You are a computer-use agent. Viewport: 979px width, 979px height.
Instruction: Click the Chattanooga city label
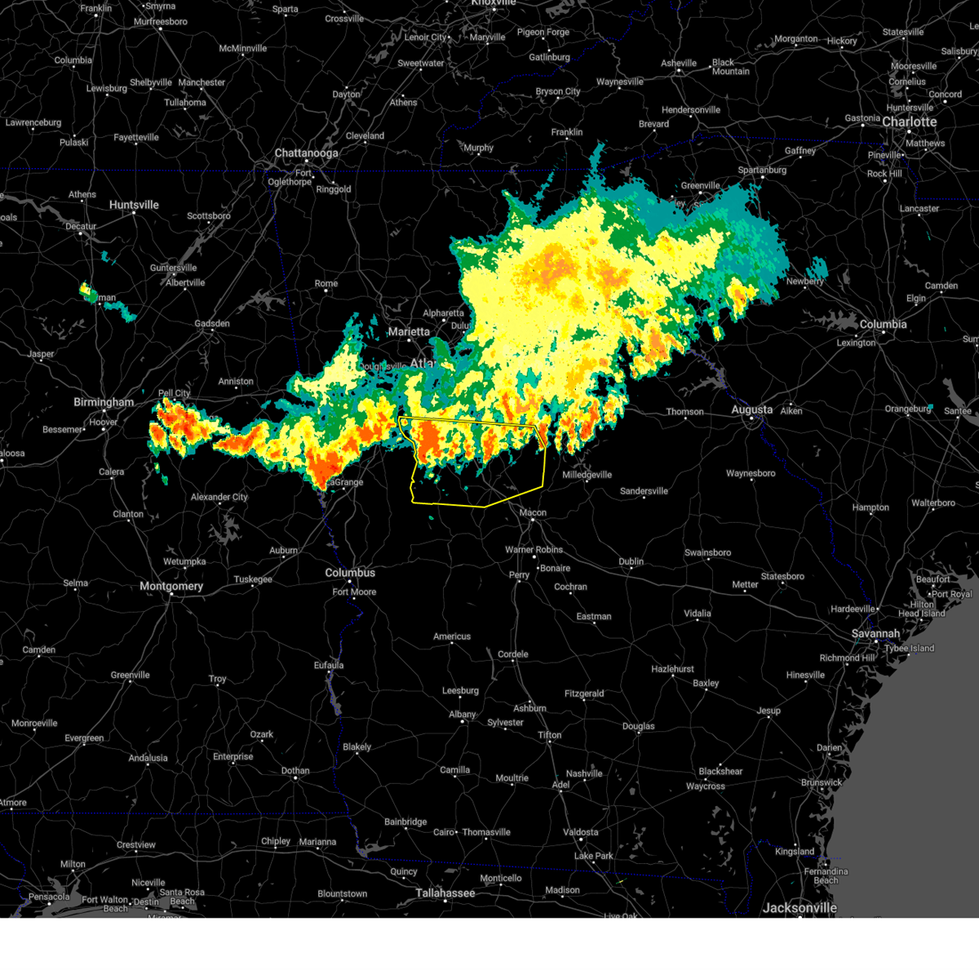click(x=306, y=153)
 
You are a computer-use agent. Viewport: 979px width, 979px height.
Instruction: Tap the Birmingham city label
click(x=104, y=402)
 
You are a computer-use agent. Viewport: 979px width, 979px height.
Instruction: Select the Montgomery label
click(x=171, y=587)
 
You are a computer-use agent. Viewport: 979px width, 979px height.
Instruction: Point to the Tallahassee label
click(x=445, y=893)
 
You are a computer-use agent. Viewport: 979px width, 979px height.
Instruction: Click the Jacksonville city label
click(x=799, y=908)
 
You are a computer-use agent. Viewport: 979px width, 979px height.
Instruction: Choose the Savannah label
click(x=875, y=634)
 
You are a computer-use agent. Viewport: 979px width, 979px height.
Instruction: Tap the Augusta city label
click(x=751, y=410)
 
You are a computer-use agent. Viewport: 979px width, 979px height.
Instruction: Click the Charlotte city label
click(x=910, y=122)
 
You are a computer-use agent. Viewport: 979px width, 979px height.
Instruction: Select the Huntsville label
click(x=134, y=205)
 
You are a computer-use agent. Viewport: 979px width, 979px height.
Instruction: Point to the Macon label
click(x=533, y=513)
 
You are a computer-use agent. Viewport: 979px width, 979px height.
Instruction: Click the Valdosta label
click(x=581, y=833)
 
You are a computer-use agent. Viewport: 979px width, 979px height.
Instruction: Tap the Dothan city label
click(x=295, y=771)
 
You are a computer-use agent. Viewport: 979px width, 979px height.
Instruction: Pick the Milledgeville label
click(x=587, y=475)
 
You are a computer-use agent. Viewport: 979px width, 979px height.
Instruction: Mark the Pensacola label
click(x=49, y=897)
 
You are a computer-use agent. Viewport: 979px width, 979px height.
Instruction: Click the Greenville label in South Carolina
click(x=700, y=186)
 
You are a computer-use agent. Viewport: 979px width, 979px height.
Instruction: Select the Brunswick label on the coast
click(x=822, y=783)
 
